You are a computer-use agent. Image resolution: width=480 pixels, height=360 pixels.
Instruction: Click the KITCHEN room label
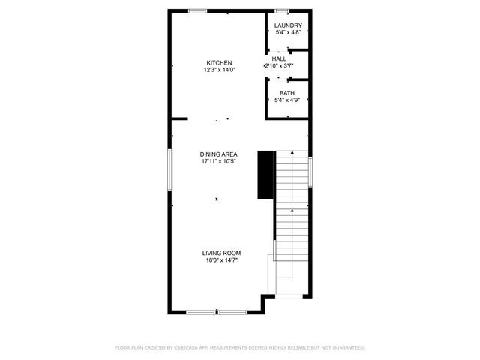[x=220, y=62]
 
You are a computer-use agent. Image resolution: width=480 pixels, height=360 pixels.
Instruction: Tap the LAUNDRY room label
[x=289, y=25]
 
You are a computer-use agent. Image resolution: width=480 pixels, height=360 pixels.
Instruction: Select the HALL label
[x=279, y=58]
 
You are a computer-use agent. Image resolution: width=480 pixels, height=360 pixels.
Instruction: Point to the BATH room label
[x=287, y=92]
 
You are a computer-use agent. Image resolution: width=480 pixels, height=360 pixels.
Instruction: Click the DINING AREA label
[x=219, y=154]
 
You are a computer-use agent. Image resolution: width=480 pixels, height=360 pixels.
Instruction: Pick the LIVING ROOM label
[x=221, y=253]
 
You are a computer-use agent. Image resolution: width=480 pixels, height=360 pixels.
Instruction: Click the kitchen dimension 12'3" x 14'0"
[x=220, y=70]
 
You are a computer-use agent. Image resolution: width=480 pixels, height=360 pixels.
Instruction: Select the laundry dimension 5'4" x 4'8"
[x=289, y=32]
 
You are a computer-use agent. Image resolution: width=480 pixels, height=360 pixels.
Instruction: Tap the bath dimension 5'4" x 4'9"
[x=288, y=100]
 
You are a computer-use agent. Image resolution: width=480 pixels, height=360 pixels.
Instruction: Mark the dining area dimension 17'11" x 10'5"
[x=219, y=161]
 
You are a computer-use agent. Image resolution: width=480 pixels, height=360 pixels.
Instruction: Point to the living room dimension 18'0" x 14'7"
[x=221, y=260]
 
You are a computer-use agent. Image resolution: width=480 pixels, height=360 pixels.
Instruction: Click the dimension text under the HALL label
[x=278, y=65]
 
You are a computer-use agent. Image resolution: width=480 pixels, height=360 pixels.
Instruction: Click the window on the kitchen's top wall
[x=198, y=10]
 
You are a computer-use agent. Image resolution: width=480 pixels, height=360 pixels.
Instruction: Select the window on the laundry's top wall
[x=282, y=10]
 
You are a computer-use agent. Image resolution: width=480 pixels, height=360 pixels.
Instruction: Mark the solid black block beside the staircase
[x=265, y=175]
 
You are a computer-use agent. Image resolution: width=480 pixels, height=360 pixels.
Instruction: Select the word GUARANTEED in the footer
[x=347, y=347]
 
